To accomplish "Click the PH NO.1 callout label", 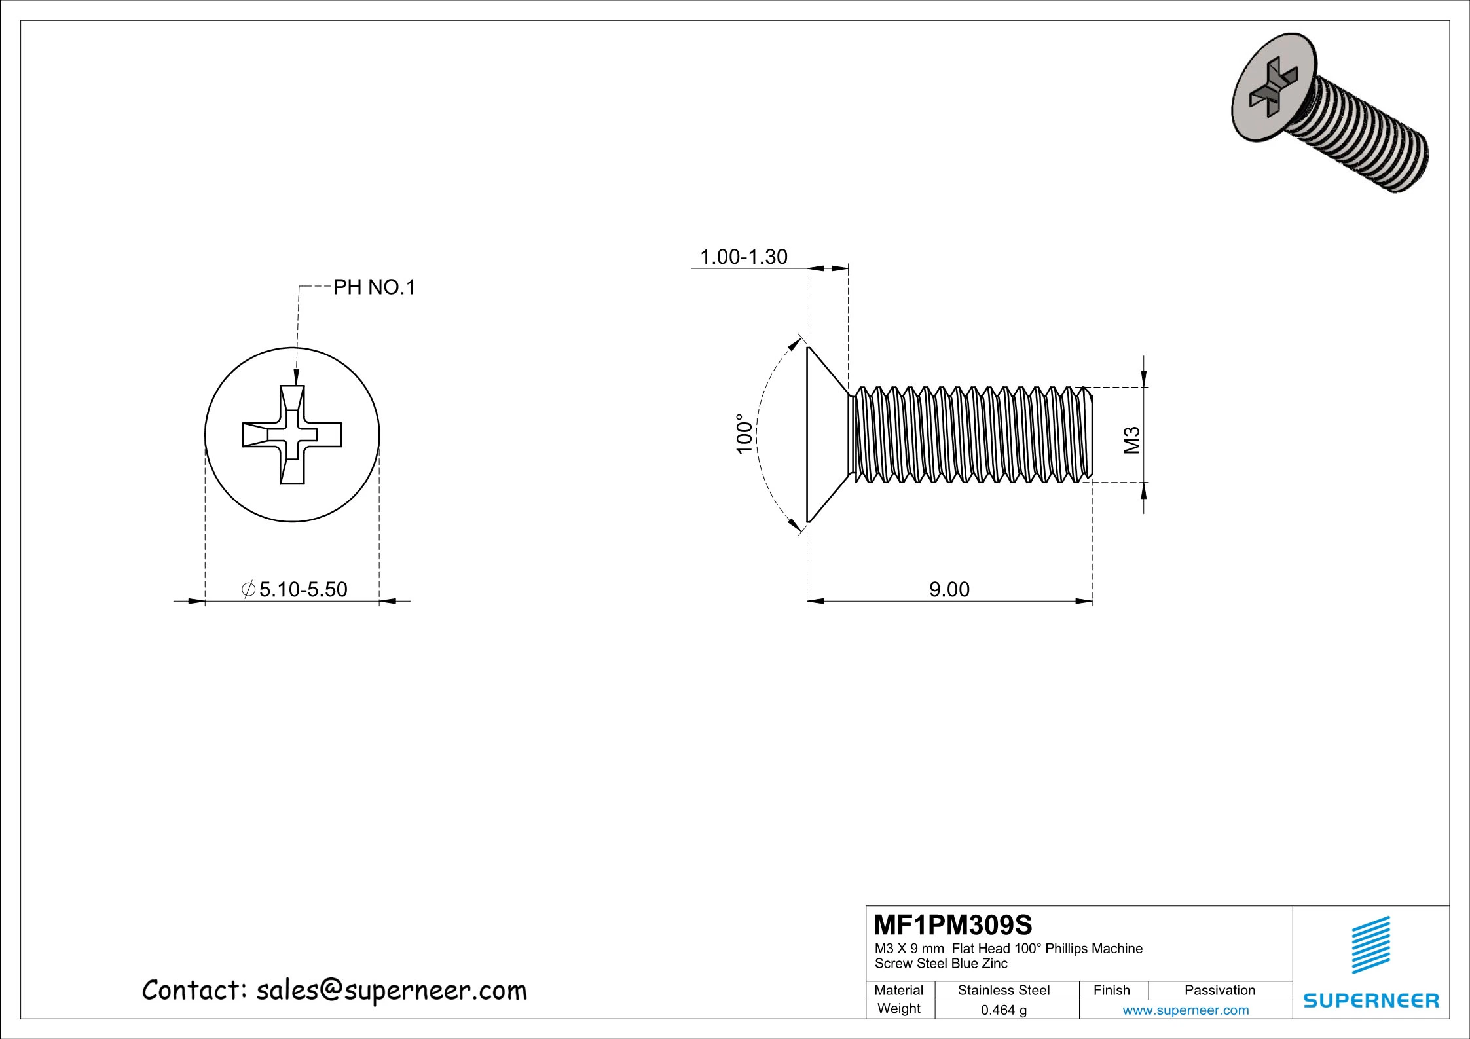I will pyautogui.click(x=375, y=287).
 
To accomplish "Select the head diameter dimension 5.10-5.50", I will pyautogui.click(x=303, y=589).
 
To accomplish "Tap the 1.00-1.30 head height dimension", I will pyautogui.click(x=744, y=257).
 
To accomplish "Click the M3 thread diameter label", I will pyautogui.click(x=1132, y=440).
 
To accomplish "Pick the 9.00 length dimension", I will pyautogui.click(x=949, y=589).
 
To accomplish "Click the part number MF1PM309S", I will pyautogui.click(x=953, y=925).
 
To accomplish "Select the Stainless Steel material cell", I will pyautogui.click(x=1003, y=990).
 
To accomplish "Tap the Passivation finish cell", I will pyautogui.click(x=1219, y=990).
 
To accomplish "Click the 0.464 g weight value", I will pyautogui.click(x=1003, y=1010).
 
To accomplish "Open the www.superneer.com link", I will pyautogui.click(x=1185, y=1010).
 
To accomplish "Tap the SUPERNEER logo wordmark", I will pyautogui.click(x=1371, y=1000).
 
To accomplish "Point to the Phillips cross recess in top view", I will pyautogui.click(x=292, y=435).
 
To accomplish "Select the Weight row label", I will pyautogui.click(x=898, y=1008).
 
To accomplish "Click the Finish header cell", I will pyautogui.click(x=1111, y=990).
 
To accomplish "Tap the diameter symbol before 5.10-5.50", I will pyautogui.click(x=248, y=589).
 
